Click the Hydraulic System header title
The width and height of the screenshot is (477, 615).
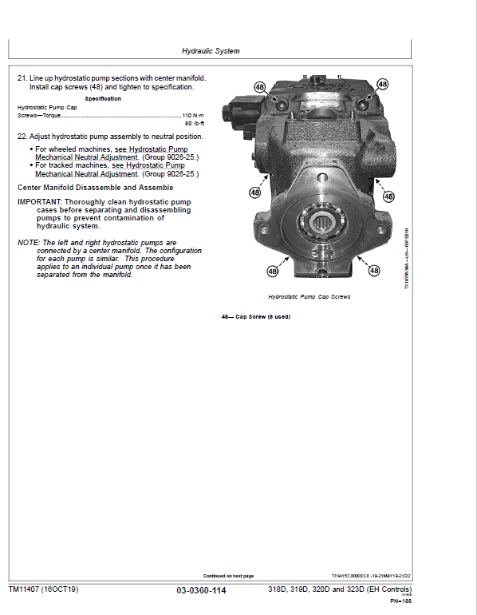(211, 51)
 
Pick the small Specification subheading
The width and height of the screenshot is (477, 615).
(103, 98)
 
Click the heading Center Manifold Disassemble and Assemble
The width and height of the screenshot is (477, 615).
(95, 188)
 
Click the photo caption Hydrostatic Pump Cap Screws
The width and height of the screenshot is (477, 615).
(309, 296)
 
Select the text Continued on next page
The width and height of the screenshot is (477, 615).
(228, 576)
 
